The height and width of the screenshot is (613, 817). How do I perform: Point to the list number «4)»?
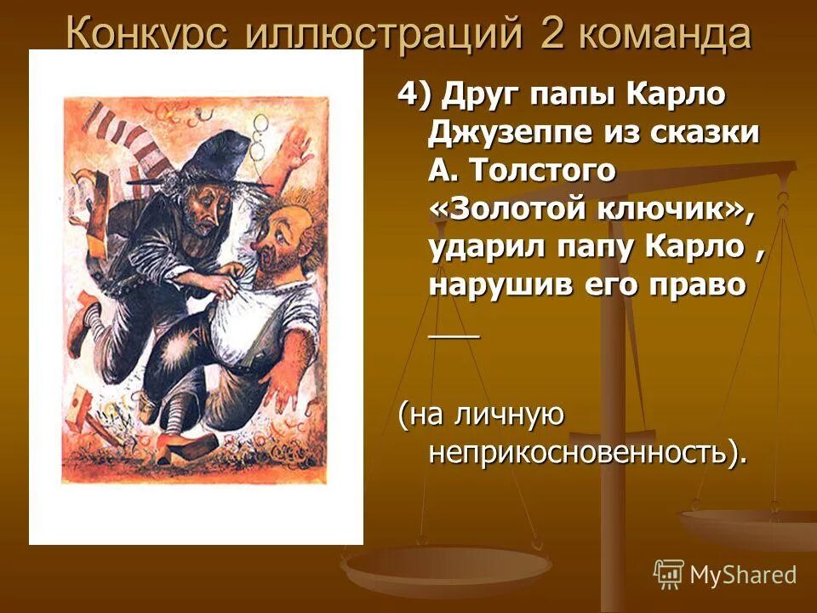pyautogui.click(x=414, y=94)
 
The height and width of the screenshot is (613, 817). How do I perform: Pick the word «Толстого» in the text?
pyautogui.click(x=545, y=170)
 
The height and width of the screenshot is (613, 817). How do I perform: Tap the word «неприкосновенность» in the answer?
pyautogui.click(x=579, y=454)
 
